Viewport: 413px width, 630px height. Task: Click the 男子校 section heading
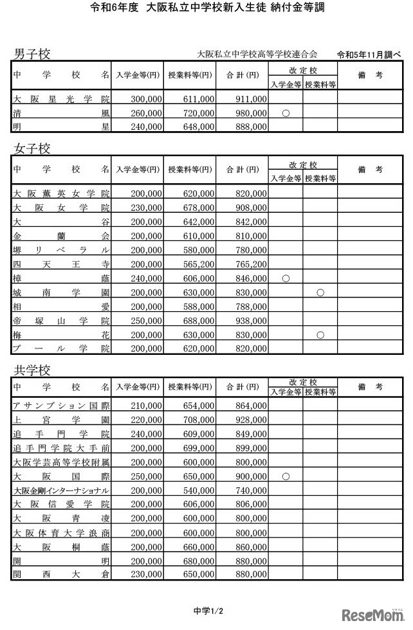coord(32,53)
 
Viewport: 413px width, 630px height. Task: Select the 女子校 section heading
coord(32,148)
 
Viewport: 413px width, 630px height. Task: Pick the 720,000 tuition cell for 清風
coord(196,113)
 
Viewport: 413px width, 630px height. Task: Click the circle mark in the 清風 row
coord(286,113)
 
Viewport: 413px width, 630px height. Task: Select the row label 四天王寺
coord(61,264)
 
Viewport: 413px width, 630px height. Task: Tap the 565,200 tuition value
coord(196,264)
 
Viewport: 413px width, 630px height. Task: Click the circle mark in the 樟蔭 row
coord(286,278)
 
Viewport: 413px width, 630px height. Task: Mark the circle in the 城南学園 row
coord(320,292)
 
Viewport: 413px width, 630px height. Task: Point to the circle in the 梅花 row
coord(320,334)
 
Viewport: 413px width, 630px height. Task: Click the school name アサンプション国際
coord(61,406)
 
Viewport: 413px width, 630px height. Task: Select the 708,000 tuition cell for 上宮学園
coord(196,420)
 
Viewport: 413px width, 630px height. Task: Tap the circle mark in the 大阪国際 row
coord(286,476)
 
